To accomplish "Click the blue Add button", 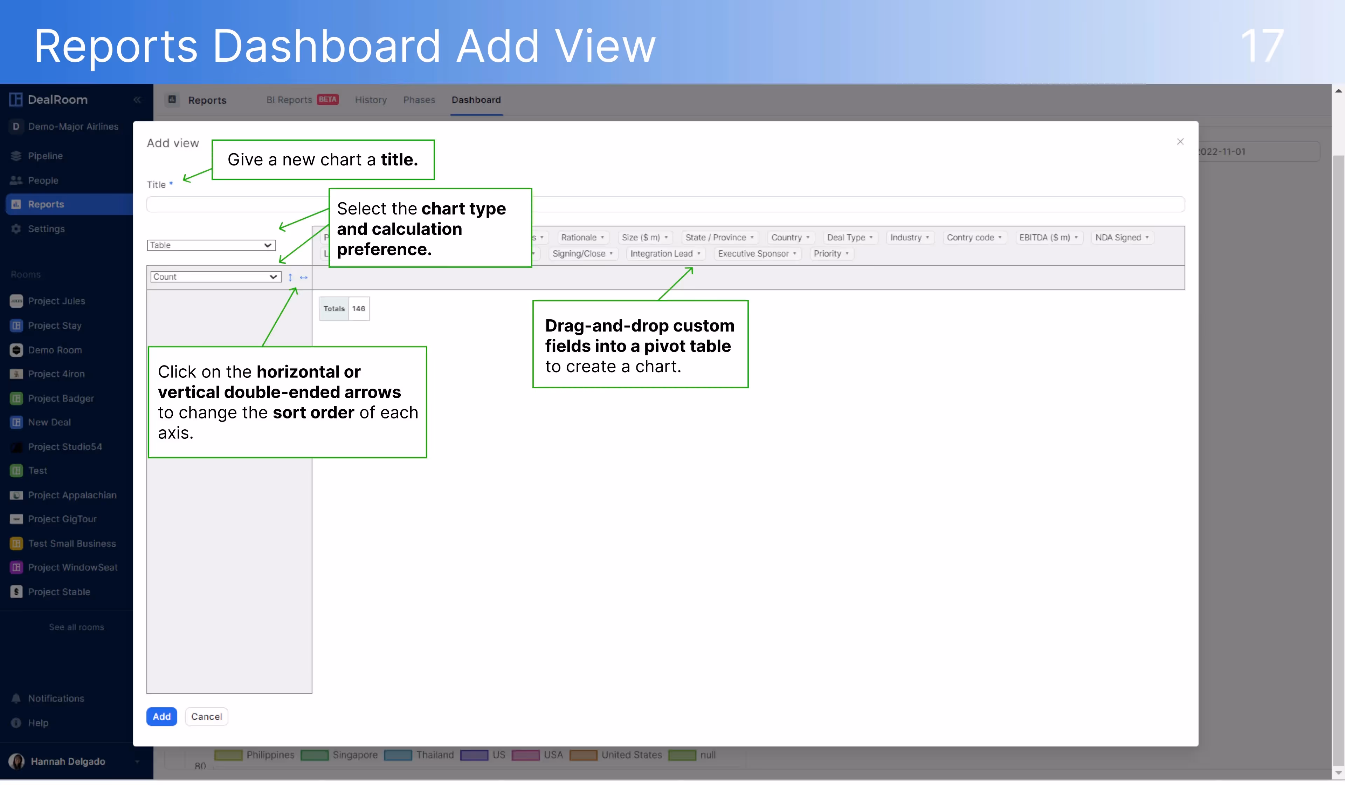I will (161, 717).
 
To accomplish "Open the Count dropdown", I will (215, 277).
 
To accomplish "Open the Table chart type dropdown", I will (211, 245).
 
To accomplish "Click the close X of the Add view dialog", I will (1180, 142).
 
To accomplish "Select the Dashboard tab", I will (476, 100).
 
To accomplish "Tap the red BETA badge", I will (328, 99).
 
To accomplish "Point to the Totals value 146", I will (359, 309).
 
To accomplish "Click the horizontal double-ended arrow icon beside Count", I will (304, 277).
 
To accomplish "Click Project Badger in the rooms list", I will (61, 398).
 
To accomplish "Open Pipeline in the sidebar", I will (46, 156).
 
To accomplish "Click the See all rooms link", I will (76, 627).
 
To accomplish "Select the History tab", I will (371, 100).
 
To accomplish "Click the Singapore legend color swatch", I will (315, 755).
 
